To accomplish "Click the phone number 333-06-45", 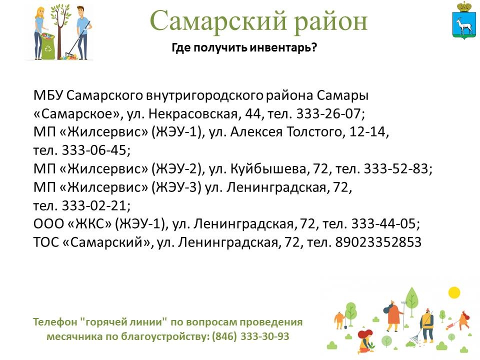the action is [94, 150].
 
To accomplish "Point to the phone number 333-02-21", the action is [94, 205].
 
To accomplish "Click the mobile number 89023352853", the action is [378, 242].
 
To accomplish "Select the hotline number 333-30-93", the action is [265, 336].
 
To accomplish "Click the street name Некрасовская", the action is [193, 113].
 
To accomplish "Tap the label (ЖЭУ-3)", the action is [176, 187].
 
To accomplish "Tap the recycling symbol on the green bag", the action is [48, 48].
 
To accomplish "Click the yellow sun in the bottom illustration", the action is [454, 292].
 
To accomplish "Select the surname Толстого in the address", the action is [316, 132].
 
